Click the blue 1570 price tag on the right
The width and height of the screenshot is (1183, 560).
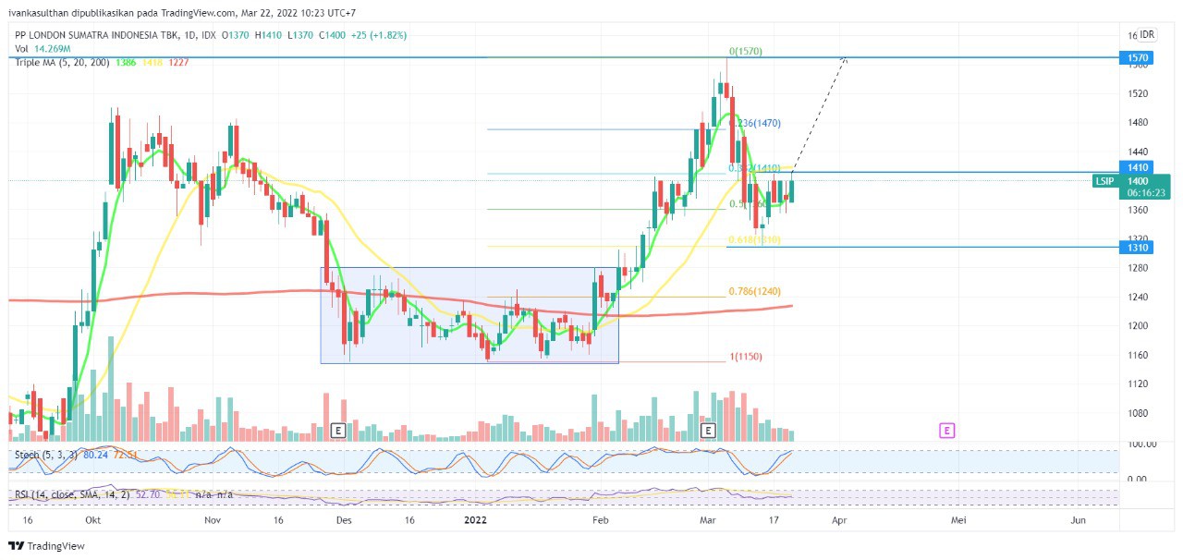[x=1136, y=57]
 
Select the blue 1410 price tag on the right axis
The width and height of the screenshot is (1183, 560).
[x=1136, y=167]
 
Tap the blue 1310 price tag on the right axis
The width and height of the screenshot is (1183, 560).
[x=1136, y=248]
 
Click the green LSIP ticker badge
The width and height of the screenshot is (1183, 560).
[x=1104, y=181]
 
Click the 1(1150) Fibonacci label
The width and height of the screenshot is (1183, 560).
[x=746, y=357]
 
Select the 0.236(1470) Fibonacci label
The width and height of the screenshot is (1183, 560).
[x=755, y=123]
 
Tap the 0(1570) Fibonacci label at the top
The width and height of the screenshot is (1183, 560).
[x=745, y=52]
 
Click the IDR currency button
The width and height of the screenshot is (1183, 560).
[x=1147, y=34]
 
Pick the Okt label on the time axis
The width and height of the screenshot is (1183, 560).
[x=92, y=521]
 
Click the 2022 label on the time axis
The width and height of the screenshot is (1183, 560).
[x=475, y=521]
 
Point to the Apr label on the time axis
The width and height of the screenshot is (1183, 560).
[x=838, y=521]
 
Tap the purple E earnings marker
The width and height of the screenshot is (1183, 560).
[x=946, y=431]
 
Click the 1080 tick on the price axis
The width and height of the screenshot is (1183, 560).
[x=1137, y=414]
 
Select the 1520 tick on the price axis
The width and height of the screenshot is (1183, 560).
[x=1137, y=94]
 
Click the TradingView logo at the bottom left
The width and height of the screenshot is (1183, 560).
[x=47, y=546]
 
